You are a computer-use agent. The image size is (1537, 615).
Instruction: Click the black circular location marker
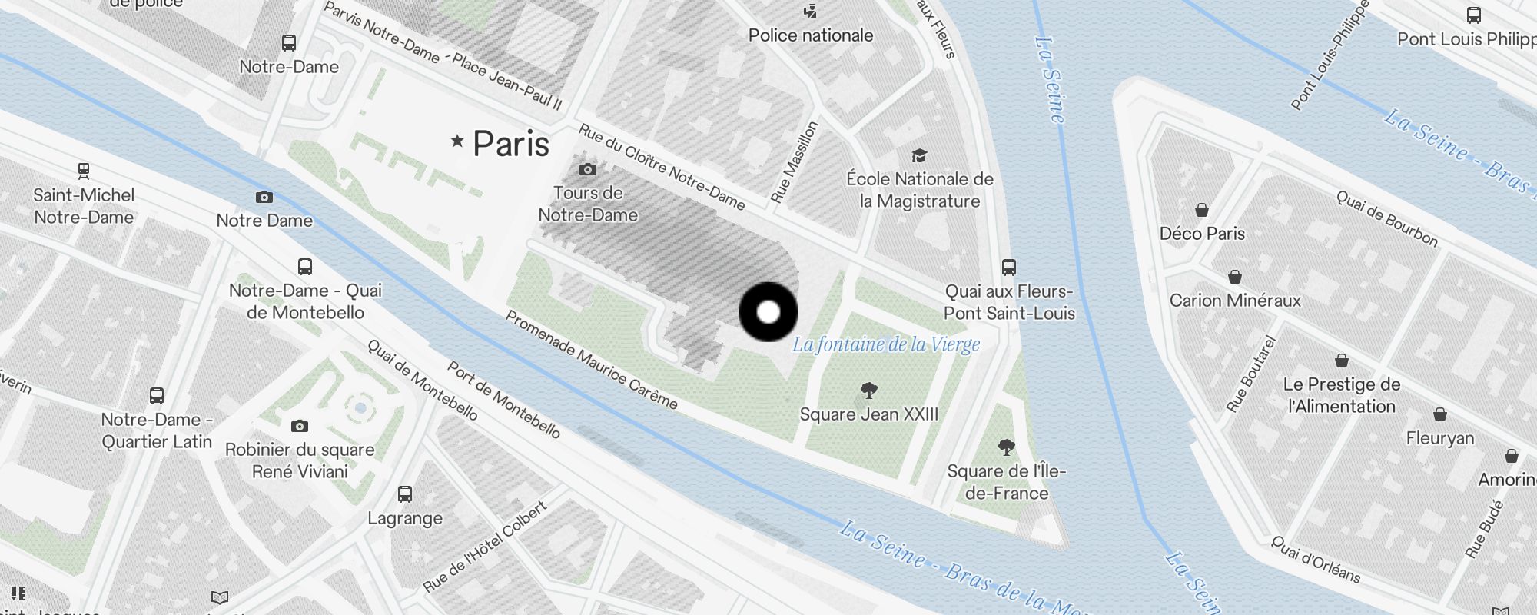click(x=768, y=312)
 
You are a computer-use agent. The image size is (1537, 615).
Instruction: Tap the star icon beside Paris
click(x=458, y=141)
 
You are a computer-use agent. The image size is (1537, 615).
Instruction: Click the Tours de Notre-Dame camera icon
click(x=588, y=169)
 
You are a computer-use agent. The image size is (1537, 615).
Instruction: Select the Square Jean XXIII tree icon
click(x=869, y=391)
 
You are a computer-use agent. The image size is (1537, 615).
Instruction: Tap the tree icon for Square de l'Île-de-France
click(x=1006, y=447)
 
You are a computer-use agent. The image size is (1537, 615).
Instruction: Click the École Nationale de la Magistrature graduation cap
click(x=919, y=156)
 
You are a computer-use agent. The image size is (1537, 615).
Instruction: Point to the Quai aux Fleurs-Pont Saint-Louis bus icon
click(x=1009, y=268)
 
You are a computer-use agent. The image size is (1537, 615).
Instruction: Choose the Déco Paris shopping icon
click(x=1202, y=210)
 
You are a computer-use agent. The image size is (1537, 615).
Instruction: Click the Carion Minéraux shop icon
click(x=1235, y=277)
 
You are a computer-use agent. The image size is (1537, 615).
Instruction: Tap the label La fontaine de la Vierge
click(x=886, y=344)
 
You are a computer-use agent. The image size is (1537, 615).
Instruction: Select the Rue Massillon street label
click(x=795, y=162)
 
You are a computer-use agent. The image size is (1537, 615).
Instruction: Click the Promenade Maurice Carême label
click(x=591, y=360)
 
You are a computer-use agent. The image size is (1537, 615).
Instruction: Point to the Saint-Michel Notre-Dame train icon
click(x=84, y=171)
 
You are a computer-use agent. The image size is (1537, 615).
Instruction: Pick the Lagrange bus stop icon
click(x=405, y=494)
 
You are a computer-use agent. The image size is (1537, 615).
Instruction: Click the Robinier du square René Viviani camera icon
click(x=300, y=426)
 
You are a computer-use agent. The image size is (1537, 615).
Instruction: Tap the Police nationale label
click(x=811, y=35)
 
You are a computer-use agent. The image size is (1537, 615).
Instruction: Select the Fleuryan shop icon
click(x=1440, y=415)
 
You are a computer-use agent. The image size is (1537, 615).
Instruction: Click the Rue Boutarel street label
click(x=1251, y=374)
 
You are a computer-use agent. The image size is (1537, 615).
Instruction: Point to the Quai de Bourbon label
click(x=1387, y=219)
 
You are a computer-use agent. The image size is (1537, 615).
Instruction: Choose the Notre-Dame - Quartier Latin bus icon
click(x=157, y=396)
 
